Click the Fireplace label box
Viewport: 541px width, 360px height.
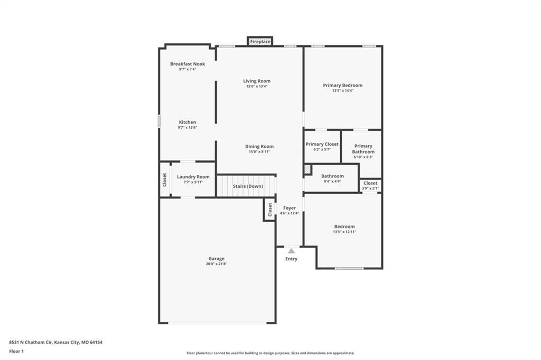pos(260,41)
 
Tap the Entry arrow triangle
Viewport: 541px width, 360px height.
pos(292,251)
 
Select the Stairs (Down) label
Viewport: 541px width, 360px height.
pos(248,186)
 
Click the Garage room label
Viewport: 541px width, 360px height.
pos(216,259)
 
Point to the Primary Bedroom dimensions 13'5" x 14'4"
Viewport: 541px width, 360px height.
pos(342,91)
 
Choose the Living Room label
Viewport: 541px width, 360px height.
pos(257,81)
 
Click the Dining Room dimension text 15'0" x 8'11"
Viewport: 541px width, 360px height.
pos(259,151)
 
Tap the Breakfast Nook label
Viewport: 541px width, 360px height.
pos(188,64)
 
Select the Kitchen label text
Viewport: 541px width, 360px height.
pos(188,122)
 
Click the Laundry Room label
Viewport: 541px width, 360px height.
pos(193,177)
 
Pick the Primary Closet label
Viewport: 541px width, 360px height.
pos(322,144)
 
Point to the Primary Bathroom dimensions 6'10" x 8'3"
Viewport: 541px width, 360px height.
pos(363,157)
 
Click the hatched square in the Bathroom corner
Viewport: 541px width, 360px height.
pos(307,169)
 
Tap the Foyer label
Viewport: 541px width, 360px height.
pos(290,208)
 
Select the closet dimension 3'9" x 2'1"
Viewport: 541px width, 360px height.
pos(370,188)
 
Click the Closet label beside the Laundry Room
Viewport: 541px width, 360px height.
pos(165,180)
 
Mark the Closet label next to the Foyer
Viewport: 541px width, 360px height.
pos(270,210)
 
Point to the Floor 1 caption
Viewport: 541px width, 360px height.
pos(16,352)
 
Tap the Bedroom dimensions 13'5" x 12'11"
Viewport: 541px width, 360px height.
pos(344,232)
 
